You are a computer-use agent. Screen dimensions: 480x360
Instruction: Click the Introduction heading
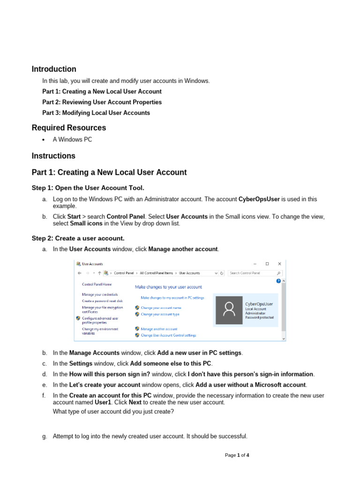[54, 69]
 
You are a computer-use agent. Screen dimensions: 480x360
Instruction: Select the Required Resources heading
[69, 127]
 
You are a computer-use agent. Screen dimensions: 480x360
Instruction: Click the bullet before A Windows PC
[43, 140]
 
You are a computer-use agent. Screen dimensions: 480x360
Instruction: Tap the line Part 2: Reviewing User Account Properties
[102, 102]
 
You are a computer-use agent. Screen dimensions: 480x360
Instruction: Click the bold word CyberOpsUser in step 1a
[259, 199]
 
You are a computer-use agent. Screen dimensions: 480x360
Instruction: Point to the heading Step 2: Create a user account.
[78, 238]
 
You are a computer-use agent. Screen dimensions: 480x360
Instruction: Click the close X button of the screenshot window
[280, 264]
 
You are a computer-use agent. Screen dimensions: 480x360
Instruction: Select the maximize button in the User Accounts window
[267, 264]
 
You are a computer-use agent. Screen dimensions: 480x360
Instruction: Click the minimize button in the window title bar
[255, 264]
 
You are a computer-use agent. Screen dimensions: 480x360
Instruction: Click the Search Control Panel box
[252, 273]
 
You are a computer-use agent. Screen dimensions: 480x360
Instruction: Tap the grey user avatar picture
[229, 310]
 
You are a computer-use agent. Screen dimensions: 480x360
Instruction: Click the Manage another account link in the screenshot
[159, 329]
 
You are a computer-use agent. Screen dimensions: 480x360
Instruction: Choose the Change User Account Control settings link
[168, 335]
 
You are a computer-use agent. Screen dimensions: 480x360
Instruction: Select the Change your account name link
[161, 308]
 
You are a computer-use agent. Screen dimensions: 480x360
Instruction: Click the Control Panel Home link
[97, 284]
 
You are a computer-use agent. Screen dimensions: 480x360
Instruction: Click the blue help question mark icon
[278, 281]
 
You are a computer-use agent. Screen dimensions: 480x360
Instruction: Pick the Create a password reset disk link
[102, 301]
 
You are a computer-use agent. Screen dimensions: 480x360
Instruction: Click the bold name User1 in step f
[103, 402]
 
